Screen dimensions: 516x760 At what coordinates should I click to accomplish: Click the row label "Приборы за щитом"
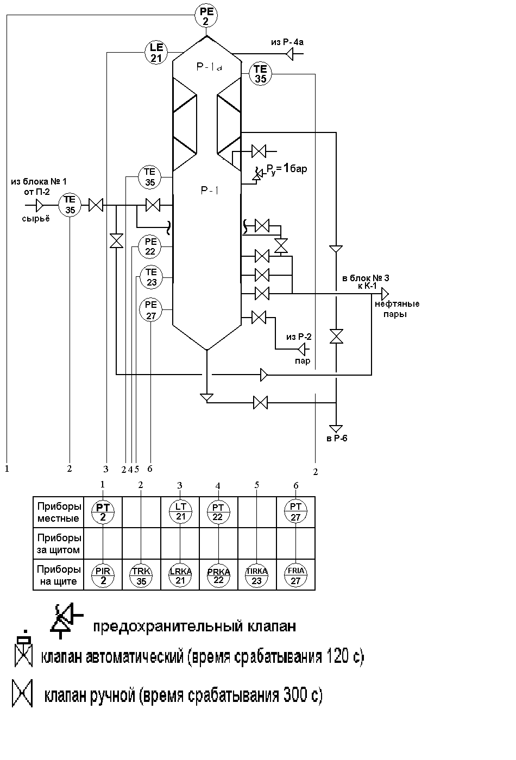pos(59,543)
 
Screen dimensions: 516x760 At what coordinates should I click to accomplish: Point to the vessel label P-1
pos(210,191)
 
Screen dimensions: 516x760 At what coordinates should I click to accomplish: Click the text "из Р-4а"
pos(287,42)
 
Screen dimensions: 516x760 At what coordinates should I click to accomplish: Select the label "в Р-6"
pos(337,439)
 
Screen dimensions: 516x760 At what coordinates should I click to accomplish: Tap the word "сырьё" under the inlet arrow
pos(36,218)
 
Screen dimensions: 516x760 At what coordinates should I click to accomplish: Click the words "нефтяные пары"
pos(397,309)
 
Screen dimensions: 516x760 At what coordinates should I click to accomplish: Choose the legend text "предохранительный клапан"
pos(194,626)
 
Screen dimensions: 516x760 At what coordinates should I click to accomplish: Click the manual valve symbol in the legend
pos(22,693)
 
